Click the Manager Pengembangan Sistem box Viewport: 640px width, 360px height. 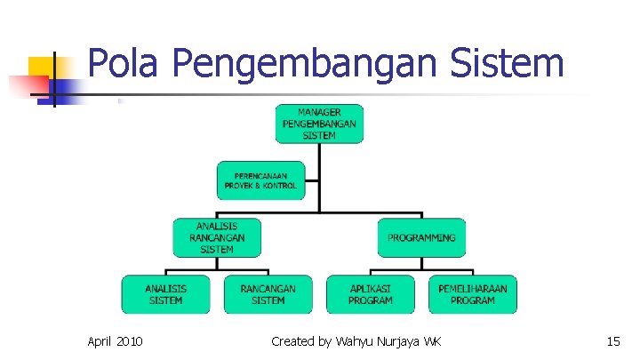[319, 124]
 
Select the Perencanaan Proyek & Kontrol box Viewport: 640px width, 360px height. [260, 180]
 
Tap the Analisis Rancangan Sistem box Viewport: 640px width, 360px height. [217, 237]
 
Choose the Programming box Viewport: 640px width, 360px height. [421, 237]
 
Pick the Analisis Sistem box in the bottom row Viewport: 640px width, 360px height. [166, 294]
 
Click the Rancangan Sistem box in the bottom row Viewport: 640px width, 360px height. [268, 294]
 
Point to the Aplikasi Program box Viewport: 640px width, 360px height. [371, 294]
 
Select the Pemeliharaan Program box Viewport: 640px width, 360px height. [473, 294]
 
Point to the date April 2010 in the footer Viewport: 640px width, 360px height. [116, 341]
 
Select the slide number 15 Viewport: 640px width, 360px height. [612, 341]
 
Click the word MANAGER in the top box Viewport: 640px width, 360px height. [319, 112]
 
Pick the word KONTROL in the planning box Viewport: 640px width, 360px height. [279, 186]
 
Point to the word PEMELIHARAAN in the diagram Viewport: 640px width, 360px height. [473, 289]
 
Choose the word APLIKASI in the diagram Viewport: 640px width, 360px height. [371, 289]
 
